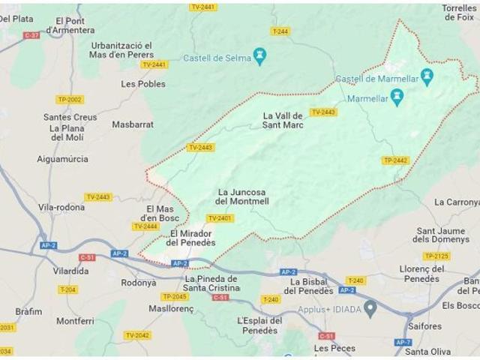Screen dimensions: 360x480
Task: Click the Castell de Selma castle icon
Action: tap(259, 55)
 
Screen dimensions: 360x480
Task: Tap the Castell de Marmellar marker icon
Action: tap(427, 76)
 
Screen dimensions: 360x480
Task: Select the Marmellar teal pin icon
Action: tap(397, 97)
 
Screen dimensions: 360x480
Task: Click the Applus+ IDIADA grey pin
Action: tap(370, 309)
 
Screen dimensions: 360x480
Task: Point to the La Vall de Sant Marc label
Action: tap(283, 120)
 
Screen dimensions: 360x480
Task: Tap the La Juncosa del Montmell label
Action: tap(241, 196)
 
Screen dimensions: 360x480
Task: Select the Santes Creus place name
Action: tap(70, 117)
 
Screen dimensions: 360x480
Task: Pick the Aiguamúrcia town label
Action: tap(62, 159)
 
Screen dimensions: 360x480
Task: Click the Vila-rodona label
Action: tap(61, 207)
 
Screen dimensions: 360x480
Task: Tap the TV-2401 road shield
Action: tap(220, 218)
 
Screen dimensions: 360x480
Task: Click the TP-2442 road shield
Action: tap(395, 160)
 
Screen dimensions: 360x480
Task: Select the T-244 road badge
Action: tap(280, 31)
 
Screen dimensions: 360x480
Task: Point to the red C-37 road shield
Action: tap(31, 35)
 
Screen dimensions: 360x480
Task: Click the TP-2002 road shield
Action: tap(70, 99)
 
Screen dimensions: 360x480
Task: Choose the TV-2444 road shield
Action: tap(145, 226)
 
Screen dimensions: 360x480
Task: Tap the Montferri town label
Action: tap(75, 321)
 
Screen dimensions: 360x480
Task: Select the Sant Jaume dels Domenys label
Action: tap(441, 235)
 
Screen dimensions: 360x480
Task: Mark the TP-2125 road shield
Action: tap(436, 256)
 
